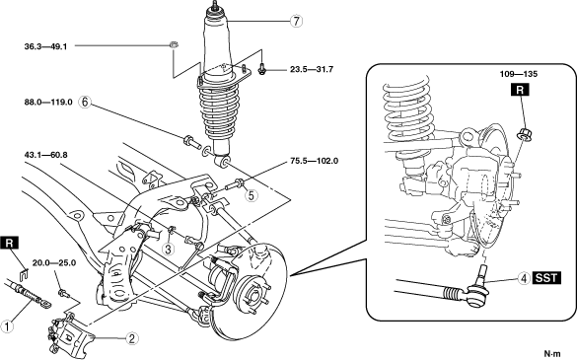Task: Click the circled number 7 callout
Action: click(x=296, y=22)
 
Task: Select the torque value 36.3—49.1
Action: click(x=45, y=46)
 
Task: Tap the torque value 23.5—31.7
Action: click(x=312, y=69)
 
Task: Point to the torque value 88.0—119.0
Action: click(x=48, y=102)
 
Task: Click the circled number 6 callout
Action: click(x=85, y=102)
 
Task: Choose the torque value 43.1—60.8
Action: click(x=45, y=155)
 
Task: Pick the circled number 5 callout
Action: click(x=251, y=195)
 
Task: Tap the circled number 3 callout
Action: click(x=169, y=250)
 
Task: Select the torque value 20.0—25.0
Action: click(x=54, y=263)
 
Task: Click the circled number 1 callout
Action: click(x=7, y=326)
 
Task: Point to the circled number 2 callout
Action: click(x=132, y=338)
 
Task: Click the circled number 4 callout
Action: click(x=524, y=278)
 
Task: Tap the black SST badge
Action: click(x=546, y=278)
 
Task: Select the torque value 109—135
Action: click(x=519, y=74)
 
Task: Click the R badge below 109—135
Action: click(x=520, y=90)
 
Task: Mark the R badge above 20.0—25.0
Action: click(x=10, y=244)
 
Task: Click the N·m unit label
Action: click(x=552, y=354)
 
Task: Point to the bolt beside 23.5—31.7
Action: click(x=261, y=69)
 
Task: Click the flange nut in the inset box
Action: click(x=524, y=133)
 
